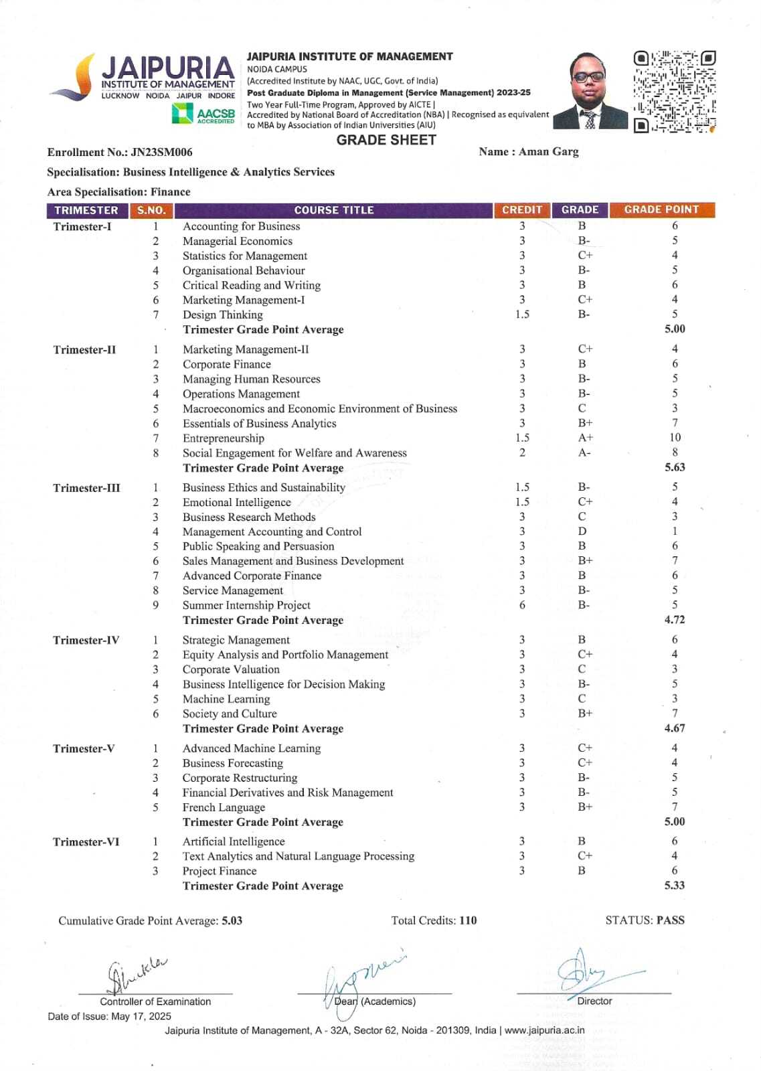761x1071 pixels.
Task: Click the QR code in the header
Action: click(674, 91)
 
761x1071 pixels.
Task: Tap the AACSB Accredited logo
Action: click(203, 114)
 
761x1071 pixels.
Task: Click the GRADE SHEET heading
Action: click(386, 140)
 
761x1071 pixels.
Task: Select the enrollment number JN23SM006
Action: click(162, 152)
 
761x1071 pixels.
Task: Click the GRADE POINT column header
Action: click(661, 210)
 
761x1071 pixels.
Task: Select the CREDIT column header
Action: click(522, 210)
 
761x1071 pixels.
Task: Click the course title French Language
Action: click(224, 807)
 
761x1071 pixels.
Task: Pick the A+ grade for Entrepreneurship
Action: click(586, 438)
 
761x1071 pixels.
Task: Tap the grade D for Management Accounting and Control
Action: click(582, 531)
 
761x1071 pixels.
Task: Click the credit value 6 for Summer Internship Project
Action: click(522, 605)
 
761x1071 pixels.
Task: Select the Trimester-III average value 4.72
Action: click(675, 620)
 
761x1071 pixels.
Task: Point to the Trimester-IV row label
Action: click(86, 640)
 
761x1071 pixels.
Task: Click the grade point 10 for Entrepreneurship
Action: click(675, 438)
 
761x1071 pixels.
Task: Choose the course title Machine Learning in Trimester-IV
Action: click(226, 699)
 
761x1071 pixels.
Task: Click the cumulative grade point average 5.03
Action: click(232, 920)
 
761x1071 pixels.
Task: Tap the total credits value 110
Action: click(468, 920)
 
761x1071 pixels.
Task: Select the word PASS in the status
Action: click(671, 920)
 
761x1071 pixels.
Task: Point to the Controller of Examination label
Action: click(155, 1001)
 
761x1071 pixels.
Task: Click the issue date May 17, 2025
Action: click(141, 1016)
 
